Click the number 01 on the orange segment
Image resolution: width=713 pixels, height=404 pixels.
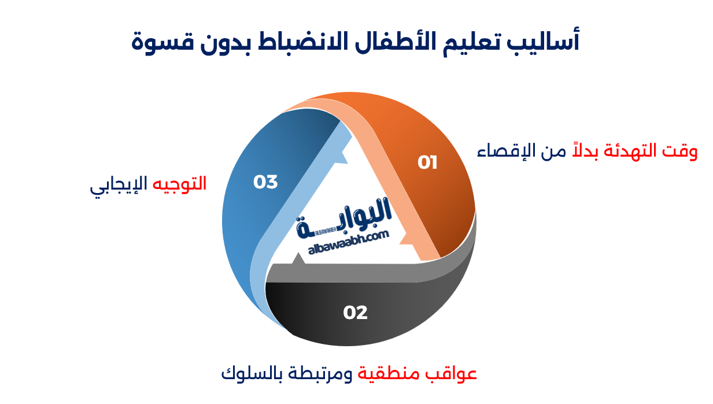pyautogui.click(x=427, y=163)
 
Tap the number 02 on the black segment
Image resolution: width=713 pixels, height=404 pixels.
pyautogui.click(x=355, y=313)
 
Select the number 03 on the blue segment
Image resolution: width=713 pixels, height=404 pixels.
pyautogui.click(x=265, y=182)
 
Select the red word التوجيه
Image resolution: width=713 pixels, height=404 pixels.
pyautogui.click(x=180, y=184)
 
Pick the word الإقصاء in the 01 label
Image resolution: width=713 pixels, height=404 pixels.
pyautogui.click(x=501, y=151)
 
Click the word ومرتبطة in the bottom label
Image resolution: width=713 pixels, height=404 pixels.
pyautogui.click(x=319, y=373)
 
